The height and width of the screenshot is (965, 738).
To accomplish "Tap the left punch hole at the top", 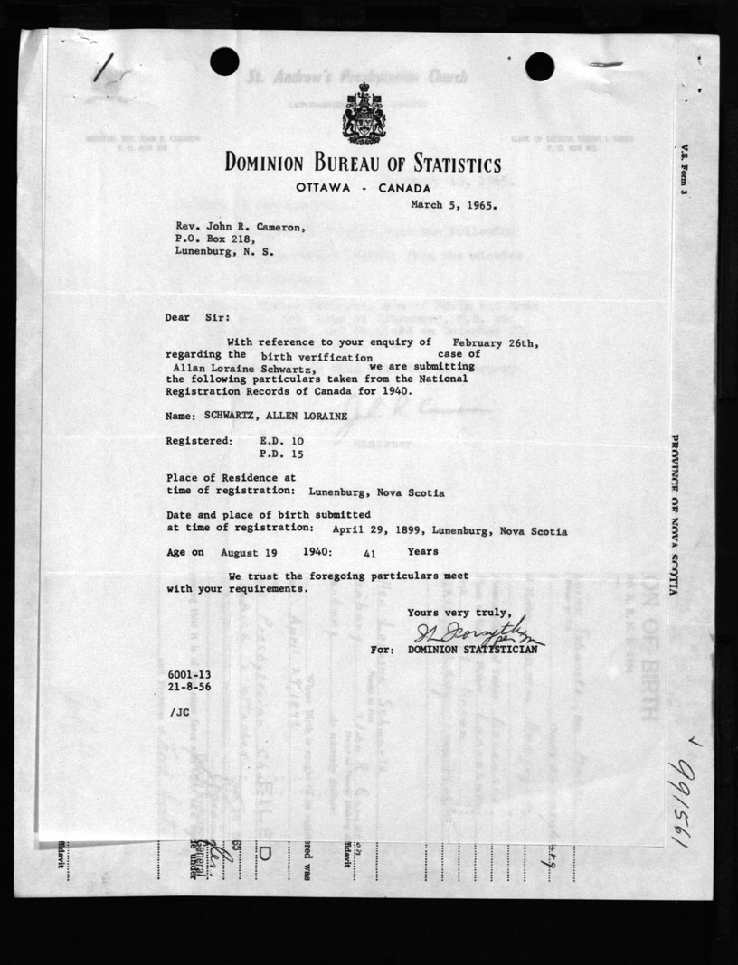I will pos(224,61).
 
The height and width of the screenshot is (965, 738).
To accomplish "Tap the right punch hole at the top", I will pos(539,66).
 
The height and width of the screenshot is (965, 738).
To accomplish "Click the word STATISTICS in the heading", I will pos(443,165).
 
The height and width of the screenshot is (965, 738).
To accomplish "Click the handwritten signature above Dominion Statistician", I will pos(478,633).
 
